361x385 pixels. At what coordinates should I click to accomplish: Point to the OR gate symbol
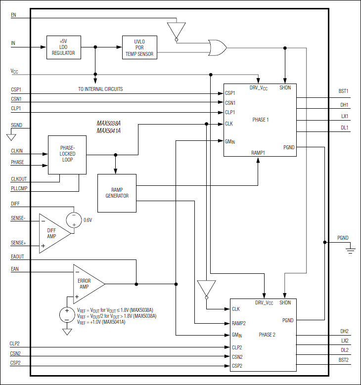tap(217, 47)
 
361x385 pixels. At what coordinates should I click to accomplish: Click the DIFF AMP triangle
tap(55, 233)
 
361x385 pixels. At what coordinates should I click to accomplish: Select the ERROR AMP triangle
tap(89, 284)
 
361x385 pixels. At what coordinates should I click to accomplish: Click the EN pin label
tap(13, 15)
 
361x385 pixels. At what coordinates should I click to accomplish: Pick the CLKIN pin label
tap(17, 151)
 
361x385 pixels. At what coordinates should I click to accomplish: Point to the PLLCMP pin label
tap(19, 188)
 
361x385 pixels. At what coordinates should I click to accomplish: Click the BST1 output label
tap(343, 91)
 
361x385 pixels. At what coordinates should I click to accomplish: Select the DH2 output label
tap(344, 331)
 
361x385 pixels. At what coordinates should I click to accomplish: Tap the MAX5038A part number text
tap(109, 123)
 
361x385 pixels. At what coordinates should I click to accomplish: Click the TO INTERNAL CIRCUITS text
tap(100, 89)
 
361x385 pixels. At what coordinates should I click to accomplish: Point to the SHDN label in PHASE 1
tap(285, 87)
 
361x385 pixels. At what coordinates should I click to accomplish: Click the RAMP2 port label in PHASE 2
tap(239, 323)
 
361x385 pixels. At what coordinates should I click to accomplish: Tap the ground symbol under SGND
tap(11, 137)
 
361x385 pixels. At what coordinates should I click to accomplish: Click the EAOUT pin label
tap(17, 257)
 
